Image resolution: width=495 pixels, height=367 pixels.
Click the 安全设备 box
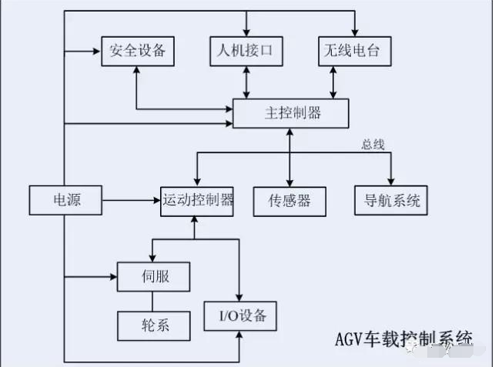pos(138,52)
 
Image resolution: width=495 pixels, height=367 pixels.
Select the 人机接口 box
pos(246,52)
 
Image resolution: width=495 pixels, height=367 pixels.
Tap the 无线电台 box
pos(354,52)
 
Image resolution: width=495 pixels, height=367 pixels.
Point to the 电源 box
pos(65,200)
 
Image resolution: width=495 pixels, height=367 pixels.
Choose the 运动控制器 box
pos(197,200)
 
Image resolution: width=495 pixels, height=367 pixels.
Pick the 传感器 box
pos(289,200)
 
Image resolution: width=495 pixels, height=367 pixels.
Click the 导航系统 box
pos(391,200)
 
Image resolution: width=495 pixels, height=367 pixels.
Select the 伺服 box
pos(153,275)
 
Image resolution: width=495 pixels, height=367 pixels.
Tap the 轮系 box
pos(153,325)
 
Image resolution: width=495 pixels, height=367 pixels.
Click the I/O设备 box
pos(239,315)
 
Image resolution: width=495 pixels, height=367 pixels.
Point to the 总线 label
pos(373,144)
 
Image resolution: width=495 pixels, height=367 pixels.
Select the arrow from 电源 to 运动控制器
pos(131,201)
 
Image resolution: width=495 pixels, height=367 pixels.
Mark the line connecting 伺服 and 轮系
pos(153,301)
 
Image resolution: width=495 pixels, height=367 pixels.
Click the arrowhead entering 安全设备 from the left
pos(97,52)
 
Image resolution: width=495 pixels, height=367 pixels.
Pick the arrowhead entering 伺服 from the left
pos(112,275)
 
